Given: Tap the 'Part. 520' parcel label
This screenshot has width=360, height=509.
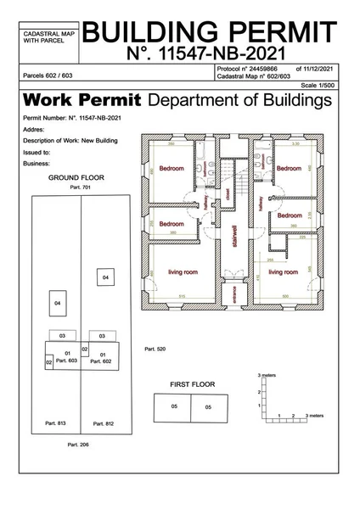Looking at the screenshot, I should coord(155,349).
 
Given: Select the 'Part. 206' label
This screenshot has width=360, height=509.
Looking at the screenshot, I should coord(77,444).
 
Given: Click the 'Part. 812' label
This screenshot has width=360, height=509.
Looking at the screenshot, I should coord(104,422).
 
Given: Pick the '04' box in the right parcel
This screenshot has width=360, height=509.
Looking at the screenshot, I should coord(105,277).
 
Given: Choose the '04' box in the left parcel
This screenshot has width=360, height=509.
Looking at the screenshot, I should coord(57,303).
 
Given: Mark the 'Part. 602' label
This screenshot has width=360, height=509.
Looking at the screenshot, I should coord(101,361).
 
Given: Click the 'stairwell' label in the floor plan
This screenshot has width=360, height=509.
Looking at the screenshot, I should coord(234,232).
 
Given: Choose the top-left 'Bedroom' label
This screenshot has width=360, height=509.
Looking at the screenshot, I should coord(172,168).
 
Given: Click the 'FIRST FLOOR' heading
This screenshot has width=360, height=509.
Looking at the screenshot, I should coord(193,384).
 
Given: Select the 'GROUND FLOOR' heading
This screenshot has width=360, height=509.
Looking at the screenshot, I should coord(76,180).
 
